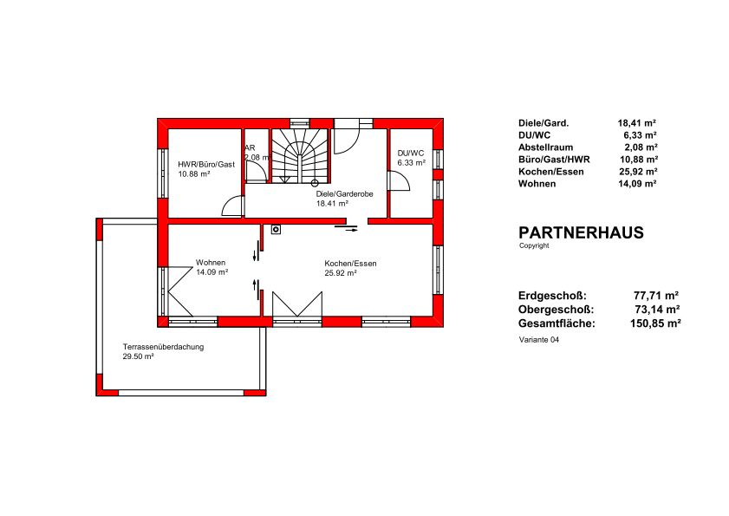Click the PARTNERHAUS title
[x=581, y=232]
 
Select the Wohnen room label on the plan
[x=210, y=263]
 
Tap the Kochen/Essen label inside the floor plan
[x=350, y=264]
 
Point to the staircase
[x=300, y=156]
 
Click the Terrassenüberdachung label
[x=163, y=347]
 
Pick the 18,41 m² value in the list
[x=636, y=123]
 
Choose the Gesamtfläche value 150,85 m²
[x=655, y=323]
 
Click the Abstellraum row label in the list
[x=545, y=147]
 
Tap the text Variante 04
[x=539, y=340]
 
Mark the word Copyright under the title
[x=534, y=245]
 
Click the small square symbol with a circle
[x=277, y=230]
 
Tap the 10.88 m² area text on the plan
[x=194, y=174]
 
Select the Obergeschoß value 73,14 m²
[x=657, y=310]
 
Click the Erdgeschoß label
[x=552, y=296]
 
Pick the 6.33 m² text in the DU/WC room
[x=412, y=163]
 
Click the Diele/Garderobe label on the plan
[x=344, y=194]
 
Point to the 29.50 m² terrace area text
[x=138, y=357]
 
